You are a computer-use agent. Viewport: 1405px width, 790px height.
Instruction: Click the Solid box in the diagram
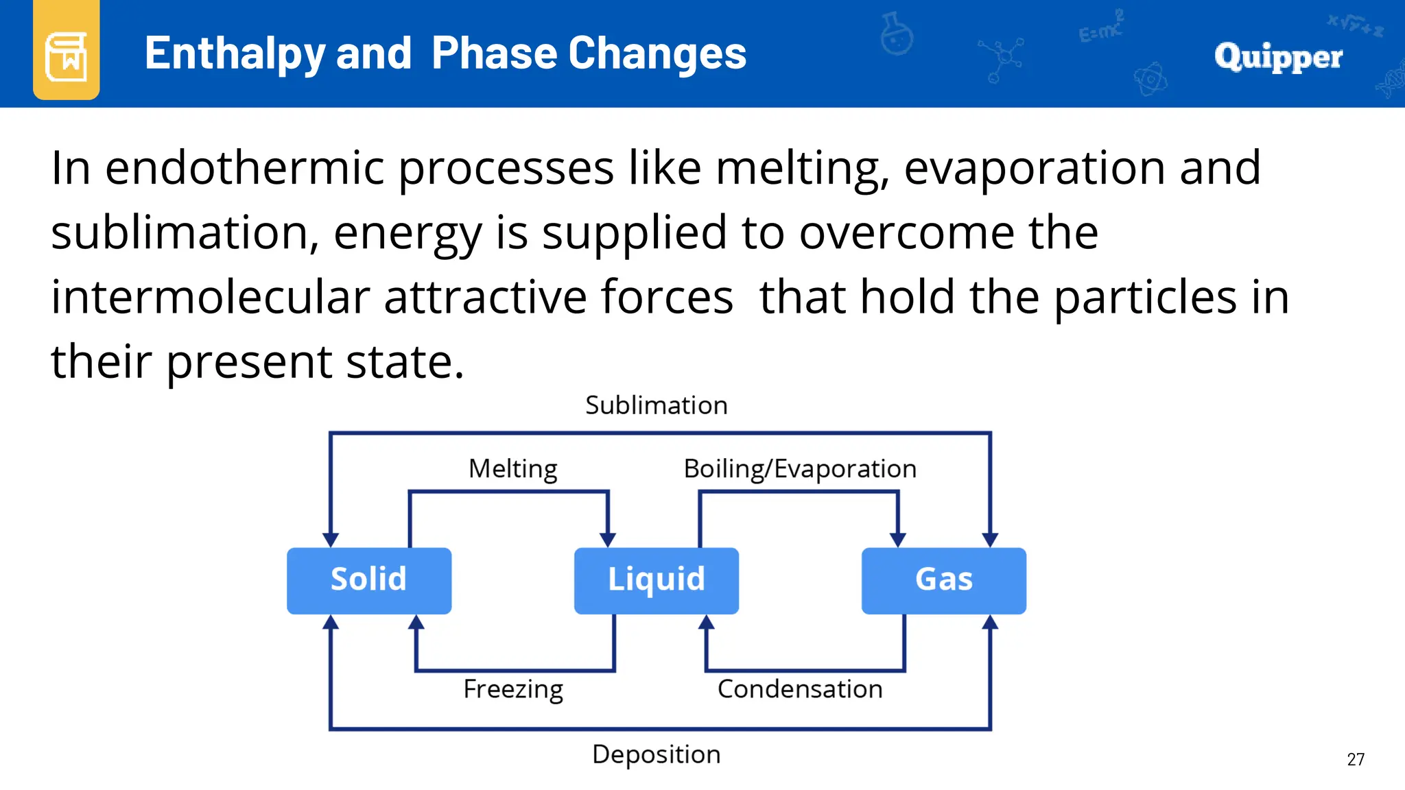(369, 580)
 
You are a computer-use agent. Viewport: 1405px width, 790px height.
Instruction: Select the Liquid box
(657, 580)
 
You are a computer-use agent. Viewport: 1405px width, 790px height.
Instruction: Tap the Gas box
(944, 580)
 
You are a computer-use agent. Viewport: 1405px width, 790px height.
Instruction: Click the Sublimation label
(657, 405)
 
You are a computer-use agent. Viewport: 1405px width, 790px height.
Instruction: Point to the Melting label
(513, 469)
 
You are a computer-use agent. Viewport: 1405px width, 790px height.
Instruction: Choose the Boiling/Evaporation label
(800, 469)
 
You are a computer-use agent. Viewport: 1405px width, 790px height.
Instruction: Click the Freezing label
(513, 689)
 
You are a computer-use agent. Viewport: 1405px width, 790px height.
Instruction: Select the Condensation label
(800, 689)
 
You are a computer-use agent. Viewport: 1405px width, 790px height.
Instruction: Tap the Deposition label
(657, 754)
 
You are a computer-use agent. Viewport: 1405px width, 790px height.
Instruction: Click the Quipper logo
(1278, 56)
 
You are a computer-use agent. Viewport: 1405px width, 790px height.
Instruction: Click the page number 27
(1356, 759)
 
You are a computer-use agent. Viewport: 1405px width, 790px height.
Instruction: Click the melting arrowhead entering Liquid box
(608, 540)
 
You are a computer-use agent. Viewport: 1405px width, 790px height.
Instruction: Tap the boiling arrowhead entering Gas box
(898, 540)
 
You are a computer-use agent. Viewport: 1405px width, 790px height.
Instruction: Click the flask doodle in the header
(897, 34)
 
